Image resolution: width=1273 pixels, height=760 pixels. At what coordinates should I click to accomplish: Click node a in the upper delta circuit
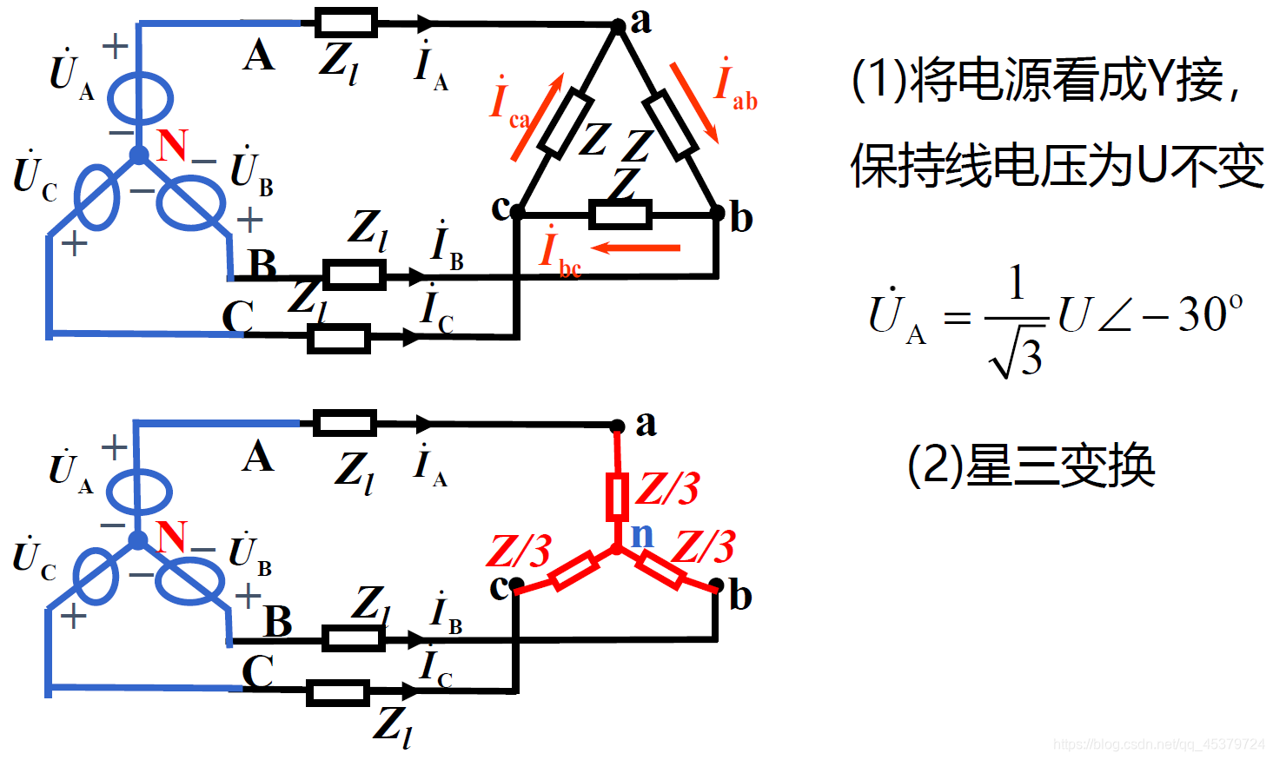tap(618, 26)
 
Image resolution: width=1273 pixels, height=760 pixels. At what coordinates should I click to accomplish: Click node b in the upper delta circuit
tap(717, 212)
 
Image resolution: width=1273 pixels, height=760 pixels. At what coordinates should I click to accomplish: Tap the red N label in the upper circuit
tap(172, 145)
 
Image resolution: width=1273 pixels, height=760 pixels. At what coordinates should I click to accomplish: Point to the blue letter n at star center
tap(642, 535)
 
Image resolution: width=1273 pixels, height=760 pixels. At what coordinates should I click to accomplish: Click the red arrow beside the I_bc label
tap(636, 248)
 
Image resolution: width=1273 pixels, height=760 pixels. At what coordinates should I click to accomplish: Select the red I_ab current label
tap(734, 87)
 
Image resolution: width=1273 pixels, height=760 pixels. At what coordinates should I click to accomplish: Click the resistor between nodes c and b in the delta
tap(620, 214)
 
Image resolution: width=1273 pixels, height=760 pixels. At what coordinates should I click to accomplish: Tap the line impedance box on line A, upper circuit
tap(345, 23)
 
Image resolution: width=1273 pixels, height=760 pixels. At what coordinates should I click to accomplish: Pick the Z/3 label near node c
tap(519, 552)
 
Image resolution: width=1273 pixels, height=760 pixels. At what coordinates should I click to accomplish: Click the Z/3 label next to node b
tap(704, 548)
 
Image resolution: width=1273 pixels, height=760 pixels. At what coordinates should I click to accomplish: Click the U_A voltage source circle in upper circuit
tap(140, 98)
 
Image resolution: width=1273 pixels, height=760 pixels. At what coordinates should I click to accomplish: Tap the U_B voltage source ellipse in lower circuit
tap(189, 580)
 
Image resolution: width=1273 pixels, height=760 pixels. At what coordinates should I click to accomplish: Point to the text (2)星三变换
tap(1031, 466)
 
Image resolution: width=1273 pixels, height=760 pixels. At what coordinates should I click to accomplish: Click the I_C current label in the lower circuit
tap(434, 670)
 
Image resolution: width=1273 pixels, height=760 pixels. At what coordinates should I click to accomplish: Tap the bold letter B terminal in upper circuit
tap(262, 262)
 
